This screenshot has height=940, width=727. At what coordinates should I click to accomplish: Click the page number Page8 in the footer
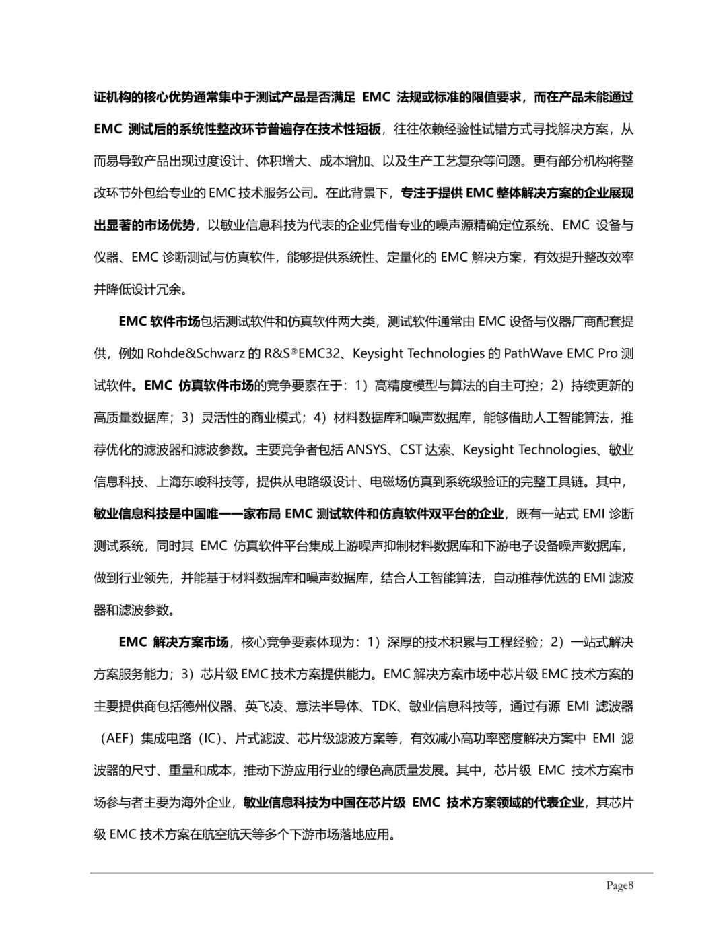620,885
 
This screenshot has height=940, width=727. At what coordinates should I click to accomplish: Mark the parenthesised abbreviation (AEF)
118,738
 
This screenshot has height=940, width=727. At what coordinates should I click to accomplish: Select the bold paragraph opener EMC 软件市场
159,321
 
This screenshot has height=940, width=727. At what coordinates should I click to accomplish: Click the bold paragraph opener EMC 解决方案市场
173,642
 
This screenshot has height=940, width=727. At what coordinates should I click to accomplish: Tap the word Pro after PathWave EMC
608,353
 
